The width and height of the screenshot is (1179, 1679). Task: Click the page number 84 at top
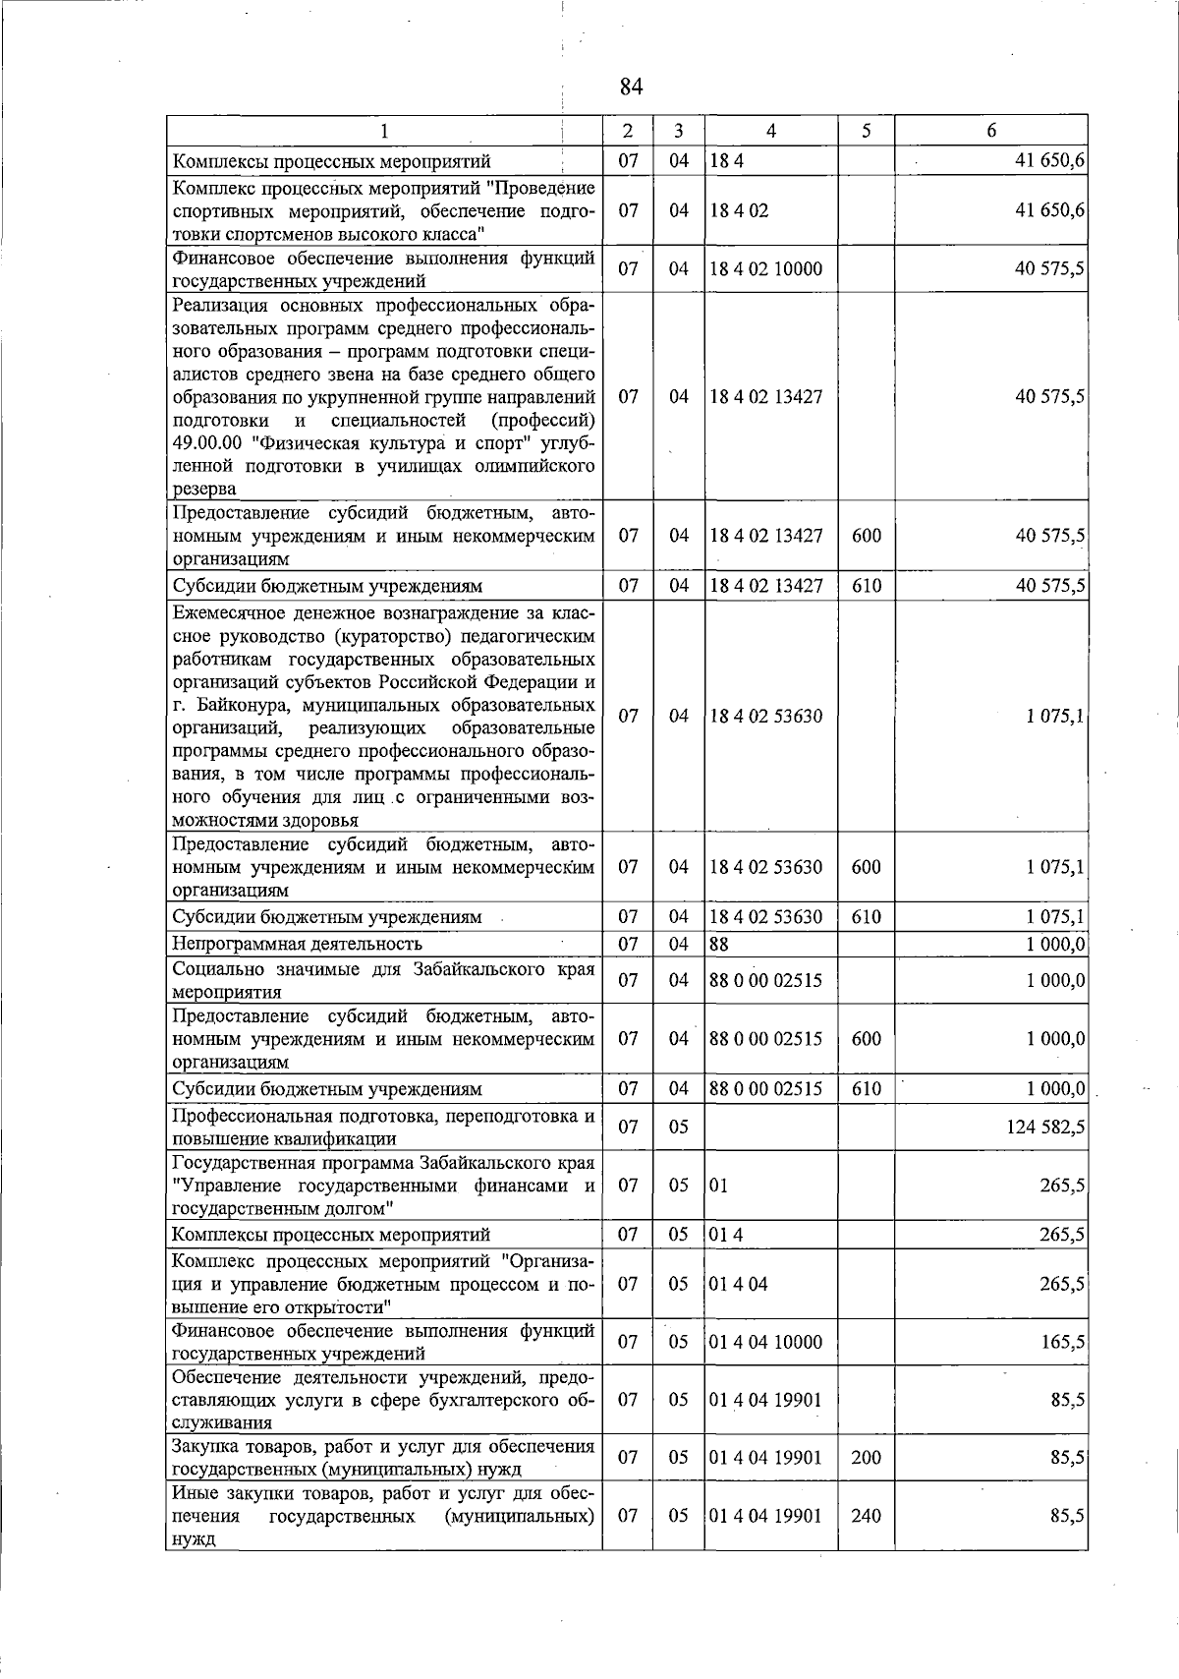click(631, 87)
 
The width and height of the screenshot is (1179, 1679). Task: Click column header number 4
click(771, 131)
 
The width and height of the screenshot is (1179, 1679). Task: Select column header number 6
click(991, 131)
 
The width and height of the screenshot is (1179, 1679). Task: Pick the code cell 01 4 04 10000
click(766, 1342)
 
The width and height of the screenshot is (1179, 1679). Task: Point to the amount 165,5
click(1063, 1342)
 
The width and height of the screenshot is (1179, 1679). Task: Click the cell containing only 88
click(719, 945)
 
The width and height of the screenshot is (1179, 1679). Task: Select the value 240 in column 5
click(866, 1516)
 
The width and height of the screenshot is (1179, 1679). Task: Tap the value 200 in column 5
click(866, 1458)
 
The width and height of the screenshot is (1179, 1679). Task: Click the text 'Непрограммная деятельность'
click(297, 945)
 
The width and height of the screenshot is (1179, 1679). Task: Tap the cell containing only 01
click(719, 1186)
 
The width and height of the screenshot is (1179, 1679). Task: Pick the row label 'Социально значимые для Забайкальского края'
click(383, 969)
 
